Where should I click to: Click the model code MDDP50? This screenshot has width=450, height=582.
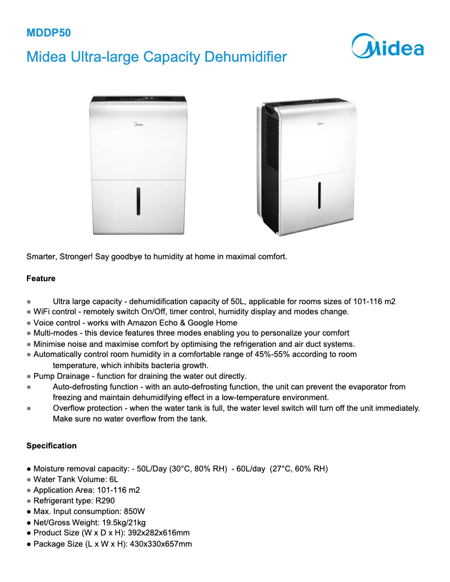point(49,33)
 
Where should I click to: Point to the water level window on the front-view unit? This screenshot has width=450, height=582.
point(138,201)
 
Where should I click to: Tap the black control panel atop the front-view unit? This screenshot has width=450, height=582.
point(138,99)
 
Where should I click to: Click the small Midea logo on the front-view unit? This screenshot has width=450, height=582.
point(138,120)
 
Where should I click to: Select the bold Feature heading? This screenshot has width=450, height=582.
point(41,278)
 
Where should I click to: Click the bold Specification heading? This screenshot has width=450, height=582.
point(52,446)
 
